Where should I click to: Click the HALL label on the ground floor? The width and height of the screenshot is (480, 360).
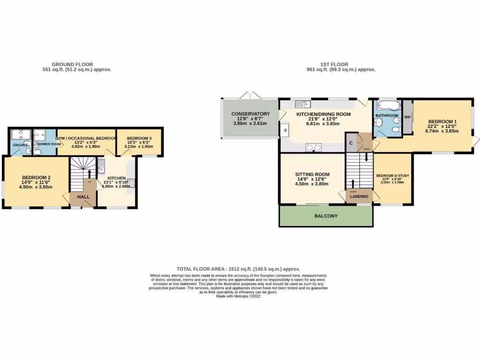pos(83,197)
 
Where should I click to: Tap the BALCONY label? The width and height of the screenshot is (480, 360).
pos(326,216)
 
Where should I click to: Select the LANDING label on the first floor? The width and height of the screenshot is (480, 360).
pos(360,196)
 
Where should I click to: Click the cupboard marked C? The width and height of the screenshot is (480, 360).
pos(351,142)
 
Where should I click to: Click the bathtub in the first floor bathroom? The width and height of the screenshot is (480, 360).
pos(387,105)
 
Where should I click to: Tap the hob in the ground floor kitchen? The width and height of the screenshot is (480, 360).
pos(131,183)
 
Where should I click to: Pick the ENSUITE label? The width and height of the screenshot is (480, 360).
pos(20,145)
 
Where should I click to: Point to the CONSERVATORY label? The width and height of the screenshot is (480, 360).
pos(250,114)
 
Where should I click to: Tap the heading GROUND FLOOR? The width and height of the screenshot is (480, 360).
pos(72,64)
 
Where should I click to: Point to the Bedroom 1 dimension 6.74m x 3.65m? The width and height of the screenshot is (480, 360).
pos(442,131)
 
